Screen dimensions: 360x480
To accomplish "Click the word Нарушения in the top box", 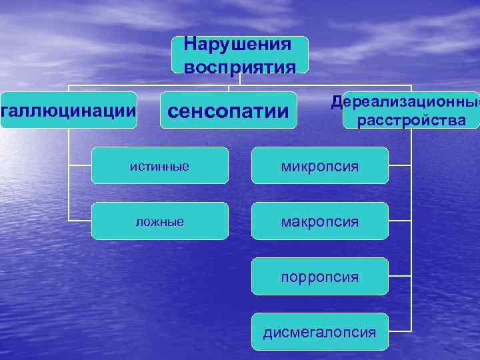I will pos(238,45).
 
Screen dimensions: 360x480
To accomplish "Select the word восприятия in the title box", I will pos(239,67).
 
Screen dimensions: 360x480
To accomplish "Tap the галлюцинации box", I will pos(68,109).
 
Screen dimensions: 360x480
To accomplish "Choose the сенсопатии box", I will pos(229,110).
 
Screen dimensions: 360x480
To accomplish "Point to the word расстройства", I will pos(411,121).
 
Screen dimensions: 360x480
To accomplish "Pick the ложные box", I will pos(159,221).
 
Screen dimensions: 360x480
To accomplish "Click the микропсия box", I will pos(319,165).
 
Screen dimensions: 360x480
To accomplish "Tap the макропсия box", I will pos(319,221).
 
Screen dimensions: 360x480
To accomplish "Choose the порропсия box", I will pos(319,276).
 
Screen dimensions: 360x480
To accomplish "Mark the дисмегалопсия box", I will pos(319,331).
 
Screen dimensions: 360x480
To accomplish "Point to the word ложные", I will pos(159,221).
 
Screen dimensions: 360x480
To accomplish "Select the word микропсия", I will pos(319,165).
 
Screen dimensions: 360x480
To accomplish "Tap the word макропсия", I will pos(319,221).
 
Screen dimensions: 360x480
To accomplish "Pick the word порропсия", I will pos(319,276).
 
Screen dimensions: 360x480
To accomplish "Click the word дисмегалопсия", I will pos(319,331).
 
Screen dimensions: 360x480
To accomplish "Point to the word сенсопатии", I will pos(229,110).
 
